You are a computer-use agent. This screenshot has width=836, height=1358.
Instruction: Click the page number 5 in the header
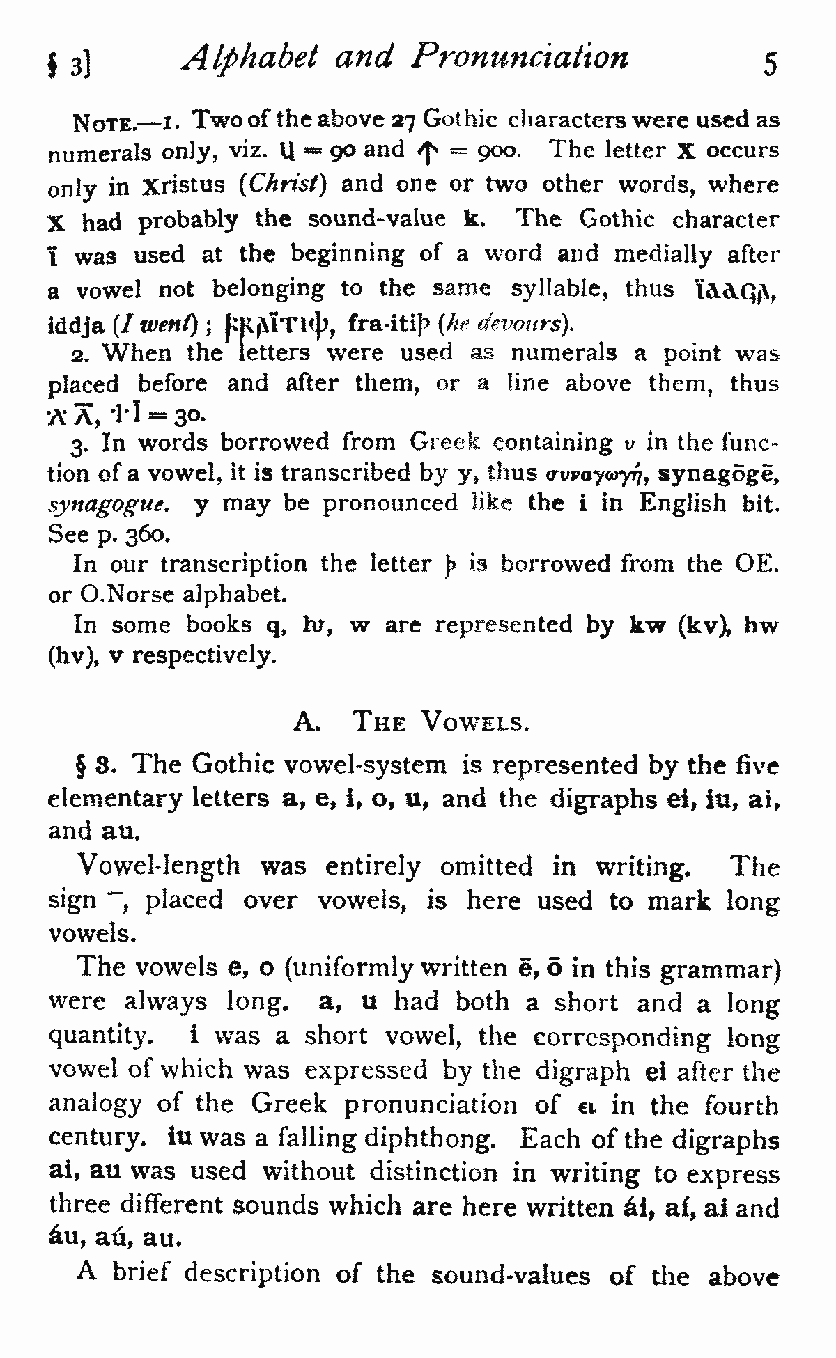(x=770, y=64)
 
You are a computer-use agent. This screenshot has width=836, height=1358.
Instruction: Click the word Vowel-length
(x=159, y=866)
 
